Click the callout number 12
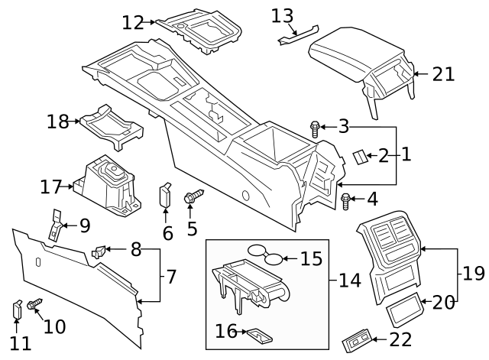point(132,23)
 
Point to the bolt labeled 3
point(314,128)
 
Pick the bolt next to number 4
point(345,202)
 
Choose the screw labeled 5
point(193,198)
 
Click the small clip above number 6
point(165,194)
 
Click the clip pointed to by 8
point(98,249)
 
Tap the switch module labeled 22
point(358,337)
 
